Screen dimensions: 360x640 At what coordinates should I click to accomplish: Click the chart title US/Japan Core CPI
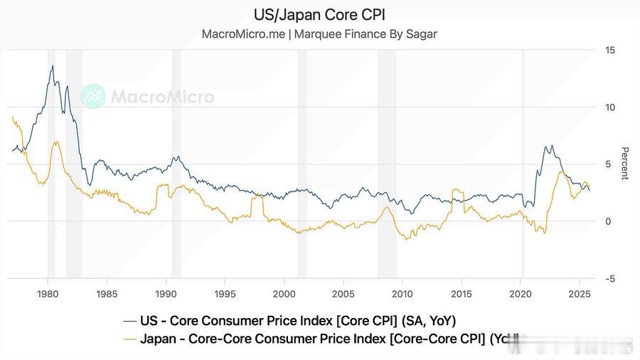pos(320,14)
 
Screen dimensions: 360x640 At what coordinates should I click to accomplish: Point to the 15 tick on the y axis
pos(609,51)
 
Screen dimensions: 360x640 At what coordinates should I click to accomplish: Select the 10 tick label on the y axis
pos(609,107)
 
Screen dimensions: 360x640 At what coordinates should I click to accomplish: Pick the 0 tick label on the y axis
pos(609,221)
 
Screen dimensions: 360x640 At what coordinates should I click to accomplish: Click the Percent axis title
pos(625,164)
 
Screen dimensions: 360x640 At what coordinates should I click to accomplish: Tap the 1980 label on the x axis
pos(48,294)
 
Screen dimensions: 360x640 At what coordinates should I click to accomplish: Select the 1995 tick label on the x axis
pos(225,294)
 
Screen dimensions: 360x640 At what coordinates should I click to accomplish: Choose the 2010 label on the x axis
pos(402,294)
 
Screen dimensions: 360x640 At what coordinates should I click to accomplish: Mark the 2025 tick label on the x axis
pos(580,294)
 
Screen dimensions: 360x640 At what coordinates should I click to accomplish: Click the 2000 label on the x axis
pos(284,294)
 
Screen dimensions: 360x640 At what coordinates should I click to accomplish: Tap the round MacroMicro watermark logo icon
pos(92,96)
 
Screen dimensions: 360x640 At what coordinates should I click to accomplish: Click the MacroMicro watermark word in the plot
pos(161,96)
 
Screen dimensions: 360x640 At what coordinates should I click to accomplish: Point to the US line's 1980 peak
pos(52,66)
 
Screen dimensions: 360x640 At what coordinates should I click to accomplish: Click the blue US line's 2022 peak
pos(545,147)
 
